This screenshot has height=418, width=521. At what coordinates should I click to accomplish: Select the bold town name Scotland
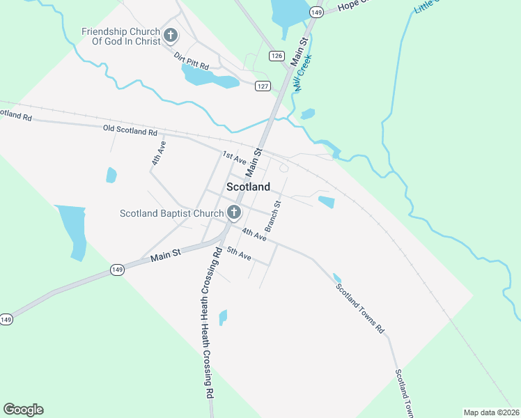pyautogui.click(x=248, y=187)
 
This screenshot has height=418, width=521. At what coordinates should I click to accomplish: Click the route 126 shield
pyautogui.click(x=277, y=56)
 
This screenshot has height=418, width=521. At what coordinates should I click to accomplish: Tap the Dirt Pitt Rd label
pyautogui.click(x=192, y=61)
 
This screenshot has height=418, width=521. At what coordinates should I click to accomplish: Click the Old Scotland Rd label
pyautogui.click(x=130, y=130)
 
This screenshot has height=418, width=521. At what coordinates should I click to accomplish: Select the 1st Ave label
pyautogui.click(x=235, y=158)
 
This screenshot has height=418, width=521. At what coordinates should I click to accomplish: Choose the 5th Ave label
pyautogui.click(x=239, y=255)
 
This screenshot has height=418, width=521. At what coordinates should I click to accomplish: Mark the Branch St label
pyautogui.click(x=272, y=216)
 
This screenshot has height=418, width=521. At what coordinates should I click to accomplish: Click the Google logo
pyautogui.click(x=23, y=409)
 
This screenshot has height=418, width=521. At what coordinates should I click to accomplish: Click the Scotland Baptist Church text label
pyautogui.click(x=171, y=213)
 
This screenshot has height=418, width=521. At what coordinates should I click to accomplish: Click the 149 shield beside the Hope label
pyautogui.click(x=317, y=13)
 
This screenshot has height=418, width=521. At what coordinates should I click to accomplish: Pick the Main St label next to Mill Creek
pyautogui.click(x=300, y=50)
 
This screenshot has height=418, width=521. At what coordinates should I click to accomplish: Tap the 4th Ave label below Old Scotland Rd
pyautogui.click(x=160, y=153)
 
